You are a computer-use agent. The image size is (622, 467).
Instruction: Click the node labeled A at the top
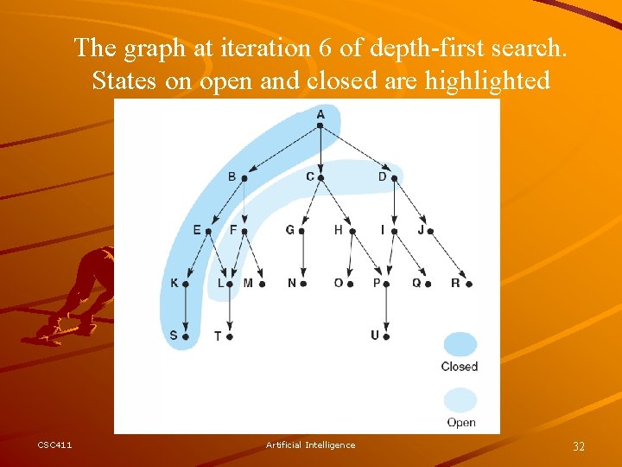click(321, 114)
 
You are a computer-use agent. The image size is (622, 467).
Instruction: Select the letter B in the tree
click(232, 176)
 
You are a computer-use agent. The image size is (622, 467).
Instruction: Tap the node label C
click(310, 176)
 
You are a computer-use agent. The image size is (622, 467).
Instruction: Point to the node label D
click(383, 176)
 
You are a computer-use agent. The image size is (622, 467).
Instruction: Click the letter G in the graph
click(290, 230)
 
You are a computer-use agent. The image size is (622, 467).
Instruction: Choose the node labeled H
click(339, 230)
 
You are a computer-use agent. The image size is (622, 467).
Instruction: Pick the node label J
click(421, 230)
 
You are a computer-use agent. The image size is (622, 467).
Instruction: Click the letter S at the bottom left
click(174, 336)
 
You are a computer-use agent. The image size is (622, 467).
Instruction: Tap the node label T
click(218, 336)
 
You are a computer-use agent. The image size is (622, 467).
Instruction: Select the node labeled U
click(375, 335)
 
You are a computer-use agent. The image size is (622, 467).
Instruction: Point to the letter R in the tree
click(455, 282)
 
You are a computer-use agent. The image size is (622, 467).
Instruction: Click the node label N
click(292, 283)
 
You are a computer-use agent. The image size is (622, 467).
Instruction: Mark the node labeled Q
click(416, 282)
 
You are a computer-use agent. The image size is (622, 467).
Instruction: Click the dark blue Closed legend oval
click(460, 344)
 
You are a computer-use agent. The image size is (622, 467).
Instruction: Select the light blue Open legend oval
click(460, 400)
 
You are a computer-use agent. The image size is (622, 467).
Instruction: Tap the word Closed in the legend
click(460, 367)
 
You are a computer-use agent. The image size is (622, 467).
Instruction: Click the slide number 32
click(579, 446)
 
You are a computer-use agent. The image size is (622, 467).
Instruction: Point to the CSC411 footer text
click(54, 445)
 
